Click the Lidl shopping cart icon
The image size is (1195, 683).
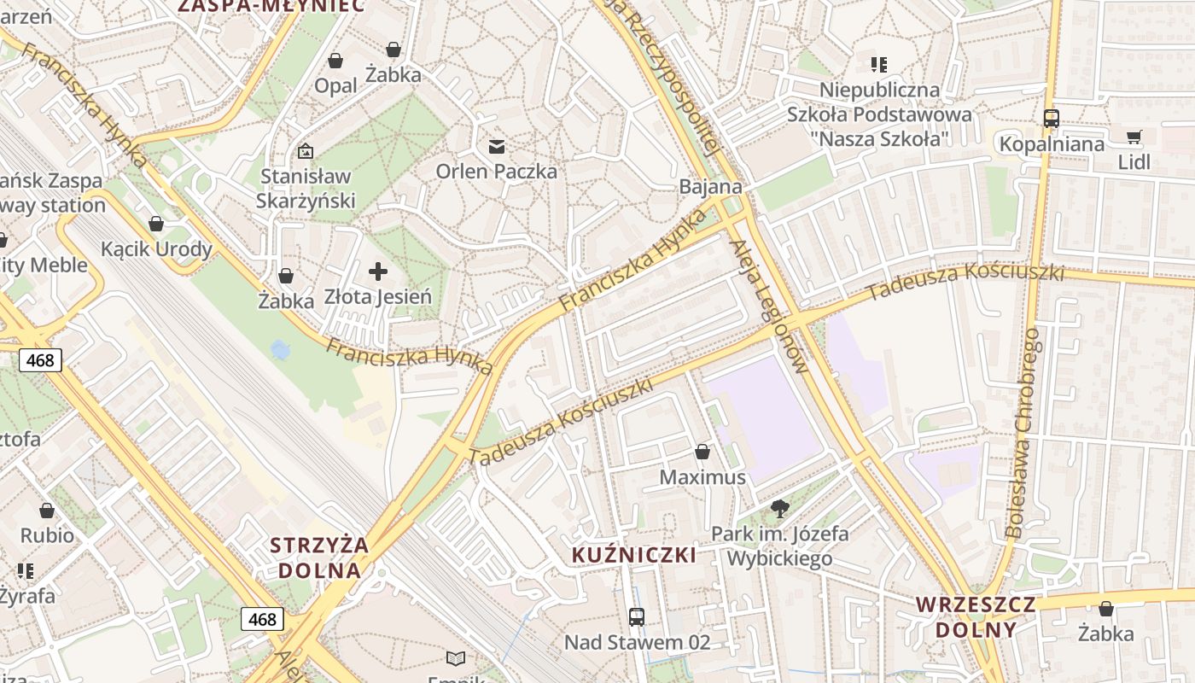pyautogui.click(x=1134, y=137)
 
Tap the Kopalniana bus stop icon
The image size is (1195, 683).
pyautogui.click(x=1052, y=119)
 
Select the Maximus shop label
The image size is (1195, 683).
pyautogui.click(x=702, y=477)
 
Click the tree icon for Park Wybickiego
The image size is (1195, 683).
pyautogui.click(x=779, y=510)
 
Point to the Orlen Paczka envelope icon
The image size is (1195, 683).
pyautogui.click(x=497, y=147)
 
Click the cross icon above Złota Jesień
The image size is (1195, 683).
pyautogui.click(x=378, y=272)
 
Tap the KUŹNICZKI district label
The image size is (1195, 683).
pyautogui.click(x=634, y=555)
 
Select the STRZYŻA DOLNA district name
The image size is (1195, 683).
pyautogui.click(x=319, y=557)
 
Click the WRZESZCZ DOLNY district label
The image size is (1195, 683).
pyautogui.click(x=976, y=617)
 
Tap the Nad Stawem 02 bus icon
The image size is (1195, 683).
pyautogui.click(x=636, y=616)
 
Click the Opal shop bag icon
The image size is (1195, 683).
pyautogui.click(x=335, y=61)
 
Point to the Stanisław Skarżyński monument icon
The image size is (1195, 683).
pyautogui.click(x=306, y=151)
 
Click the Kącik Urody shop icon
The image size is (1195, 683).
pyautogui.click(x=156, y=225)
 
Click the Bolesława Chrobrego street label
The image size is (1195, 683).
pyautogui.click(x=1023, y=434)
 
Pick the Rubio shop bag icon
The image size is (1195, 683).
pyautogui.click(x=47, y=511)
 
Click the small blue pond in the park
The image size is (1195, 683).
pyautogui.click(x=279, y=349)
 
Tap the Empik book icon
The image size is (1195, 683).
pyautogui.click(x=457, y=658)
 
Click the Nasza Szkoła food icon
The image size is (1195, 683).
pyautogui.click(x=879, y=64)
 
